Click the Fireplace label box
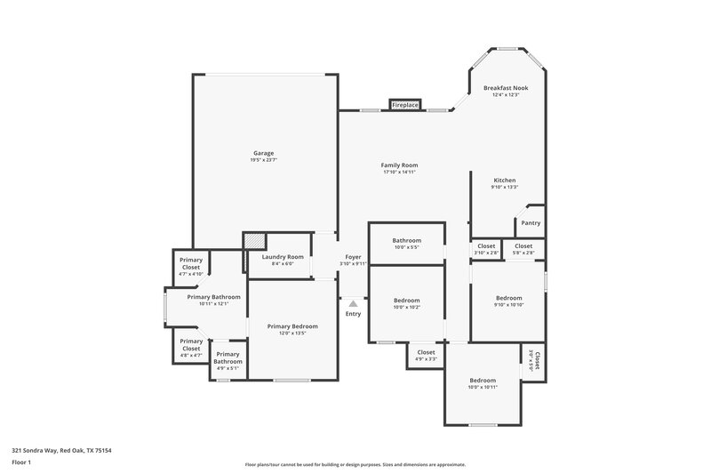pos(405,105)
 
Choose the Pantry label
pos(531,223)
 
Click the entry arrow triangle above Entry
pos(353,304)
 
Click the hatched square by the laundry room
pos(255,241)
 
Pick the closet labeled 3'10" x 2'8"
pos(486,249)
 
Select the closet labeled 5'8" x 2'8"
pos(523,249)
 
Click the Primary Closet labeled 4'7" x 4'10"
pos(191,267)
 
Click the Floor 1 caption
pos(21,462)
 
